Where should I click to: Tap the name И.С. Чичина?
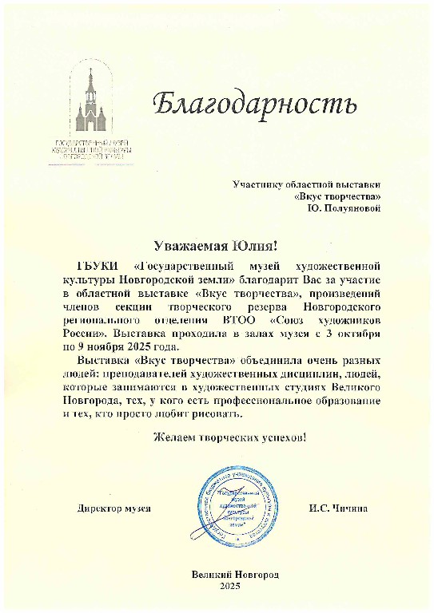[338, 508]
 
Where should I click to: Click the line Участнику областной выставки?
[307, 184]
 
